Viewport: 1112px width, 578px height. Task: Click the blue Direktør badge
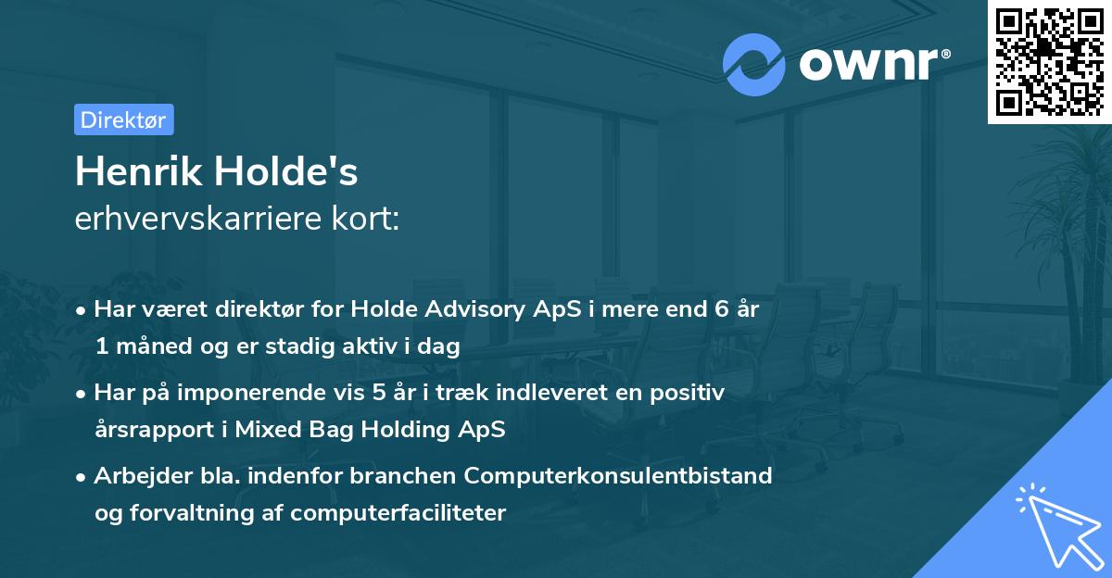[x=123, y=119]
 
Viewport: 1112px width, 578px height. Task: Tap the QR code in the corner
[x=1049, y=61]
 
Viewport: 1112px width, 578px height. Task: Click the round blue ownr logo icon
[x=754, y=64]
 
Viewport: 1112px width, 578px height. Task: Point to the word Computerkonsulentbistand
[x=618, y=476]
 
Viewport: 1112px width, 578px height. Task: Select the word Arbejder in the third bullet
[x=134, y=476]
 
